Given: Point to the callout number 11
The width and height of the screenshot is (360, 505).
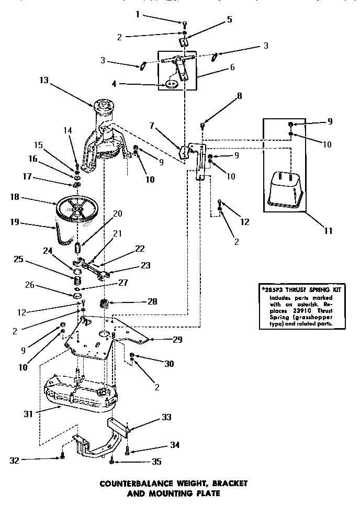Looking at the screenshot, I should pyautogui.click(x=329, y=230).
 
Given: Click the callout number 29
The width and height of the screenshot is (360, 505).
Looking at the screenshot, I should pyautogui.click(x=177, y=340).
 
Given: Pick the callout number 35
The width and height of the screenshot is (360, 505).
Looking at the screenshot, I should pyautogui.click(x=156, y=462).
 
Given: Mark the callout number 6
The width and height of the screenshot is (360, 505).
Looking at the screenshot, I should pyautogui.click(x=232, y=66).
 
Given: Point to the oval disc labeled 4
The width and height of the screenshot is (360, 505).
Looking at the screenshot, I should pyautogui.click(x=171, y=84).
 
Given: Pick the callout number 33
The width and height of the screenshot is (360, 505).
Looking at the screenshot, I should pyautogui.click(x=167, y=418).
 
